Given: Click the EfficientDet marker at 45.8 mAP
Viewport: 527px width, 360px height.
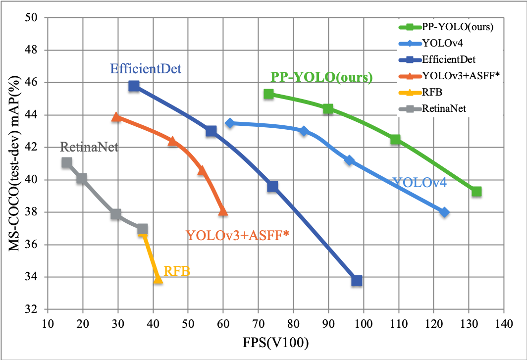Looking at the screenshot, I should click(134, 86).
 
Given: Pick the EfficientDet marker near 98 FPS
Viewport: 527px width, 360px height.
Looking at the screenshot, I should click(357, 281).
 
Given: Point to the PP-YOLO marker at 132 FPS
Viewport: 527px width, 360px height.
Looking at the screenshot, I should click(476, 192).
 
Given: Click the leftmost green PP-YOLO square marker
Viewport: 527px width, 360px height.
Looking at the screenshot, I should click(269, 94).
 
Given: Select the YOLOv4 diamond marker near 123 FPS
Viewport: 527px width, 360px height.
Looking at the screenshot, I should click(444, 212).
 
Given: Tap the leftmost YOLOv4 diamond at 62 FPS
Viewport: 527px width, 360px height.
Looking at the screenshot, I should click(230, 123).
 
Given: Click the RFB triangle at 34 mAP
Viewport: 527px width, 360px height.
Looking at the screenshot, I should click(158, 279).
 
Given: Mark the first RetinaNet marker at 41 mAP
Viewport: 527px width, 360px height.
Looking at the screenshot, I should click(67, 162).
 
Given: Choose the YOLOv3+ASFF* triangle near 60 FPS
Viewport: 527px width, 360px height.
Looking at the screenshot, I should click(223, 211).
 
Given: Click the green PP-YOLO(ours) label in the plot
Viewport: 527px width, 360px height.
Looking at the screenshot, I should click(321, 77).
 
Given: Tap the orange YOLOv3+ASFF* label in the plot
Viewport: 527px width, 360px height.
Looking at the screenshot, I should click(237, 235).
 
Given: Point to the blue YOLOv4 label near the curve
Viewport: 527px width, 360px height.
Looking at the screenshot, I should click(419, 183).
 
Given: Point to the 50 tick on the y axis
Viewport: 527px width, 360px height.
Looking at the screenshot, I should click(35, 18).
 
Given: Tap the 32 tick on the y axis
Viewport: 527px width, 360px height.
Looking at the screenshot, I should click(35, 310).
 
